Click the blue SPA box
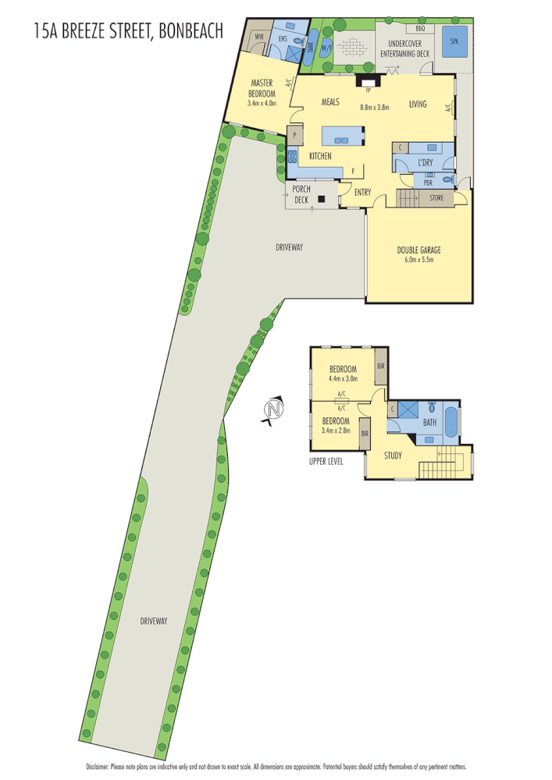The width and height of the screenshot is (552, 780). point(454,41)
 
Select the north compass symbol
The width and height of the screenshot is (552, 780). point(272,411)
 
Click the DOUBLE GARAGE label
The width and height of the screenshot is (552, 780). point(418,250)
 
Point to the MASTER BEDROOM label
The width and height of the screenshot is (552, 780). point(262,87)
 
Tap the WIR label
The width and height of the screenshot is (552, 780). point(258,37)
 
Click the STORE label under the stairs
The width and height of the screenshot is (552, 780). point(436,198)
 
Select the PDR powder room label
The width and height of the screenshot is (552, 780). point(428,175)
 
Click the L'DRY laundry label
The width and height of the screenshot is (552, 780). point(425,162)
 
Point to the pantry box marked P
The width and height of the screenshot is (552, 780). point(295,135)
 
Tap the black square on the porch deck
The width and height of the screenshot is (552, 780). point(320,199)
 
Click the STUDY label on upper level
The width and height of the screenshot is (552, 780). point(393,456)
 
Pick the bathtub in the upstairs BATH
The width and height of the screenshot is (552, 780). point(452,422)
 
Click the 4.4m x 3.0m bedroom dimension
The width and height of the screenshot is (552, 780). point(343,379)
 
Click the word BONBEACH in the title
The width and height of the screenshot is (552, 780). point(191,30)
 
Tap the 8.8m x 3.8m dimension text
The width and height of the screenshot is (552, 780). point(374,108)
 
